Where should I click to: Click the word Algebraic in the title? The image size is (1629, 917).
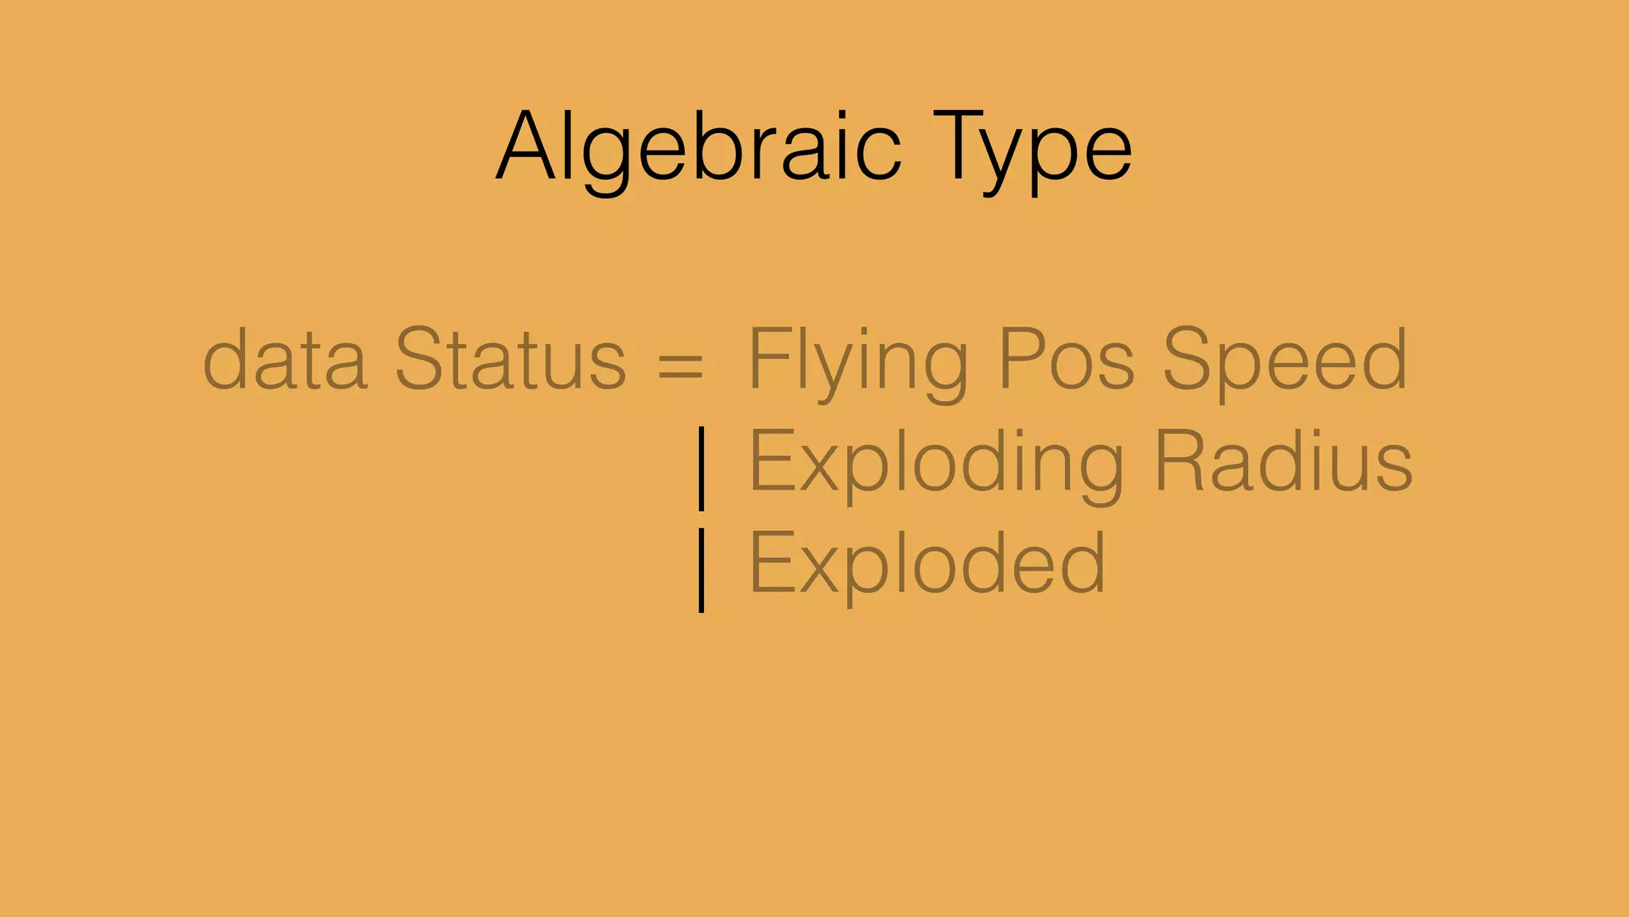(x=698, y=148)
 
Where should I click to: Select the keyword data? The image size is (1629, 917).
(x=285, y=360)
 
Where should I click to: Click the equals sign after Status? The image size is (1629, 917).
(x=681, y=365)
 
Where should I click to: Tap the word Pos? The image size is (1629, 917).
(x=1066, y=360)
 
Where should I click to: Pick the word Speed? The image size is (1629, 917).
(x=1284, y=360)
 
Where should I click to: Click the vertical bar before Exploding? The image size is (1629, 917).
(x=701, y=468)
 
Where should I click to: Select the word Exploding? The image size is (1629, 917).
(x=936, y=463)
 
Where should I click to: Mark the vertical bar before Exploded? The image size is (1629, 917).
(x=701, y=569)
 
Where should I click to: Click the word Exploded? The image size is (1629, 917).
(x=927, y=564)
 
